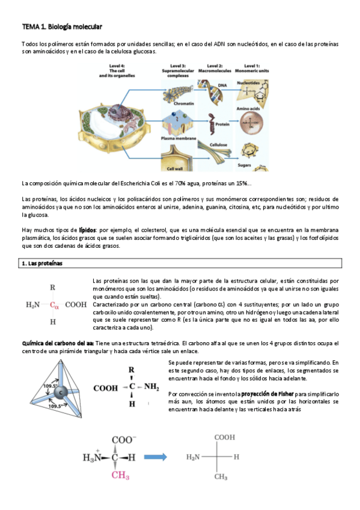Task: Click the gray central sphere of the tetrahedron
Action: (x=59, y=392)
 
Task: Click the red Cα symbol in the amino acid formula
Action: (x=54, y=305)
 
